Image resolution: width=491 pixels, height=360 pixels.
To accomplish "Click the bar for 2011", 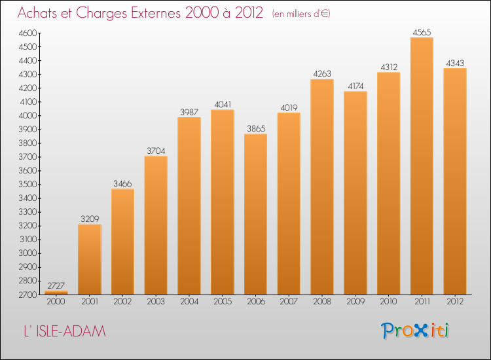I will pyautogui.click(x=422, y=166).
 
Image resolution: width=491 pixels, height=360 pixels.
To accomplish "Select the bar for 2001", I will pyautogui.click(x=90, y=259).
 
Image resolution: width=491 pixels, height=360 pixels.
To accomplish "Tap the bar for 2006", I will pyautogui.click(x=255, y=214).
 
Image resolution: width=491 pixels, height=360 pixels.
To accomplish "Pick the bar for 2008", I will pyautogui.click(x=322, y=187).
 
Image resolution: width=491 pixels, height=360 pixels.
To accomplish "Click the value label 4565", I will pyautogui.click(x=422, y=32).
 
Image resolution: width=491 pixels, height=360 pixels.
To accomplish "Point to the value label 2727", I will pyautogui.click(x=56, y=285).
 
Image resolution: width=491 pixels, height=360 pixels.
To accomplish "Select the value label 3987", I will pyautogui.click(x=189, y=112).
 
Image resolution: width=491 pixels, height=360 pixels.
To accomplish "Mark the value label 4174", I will pyautogui.click(x=355, y=86).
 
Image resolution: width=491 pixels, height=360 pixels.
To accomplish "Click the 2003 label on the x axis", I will pyautogui.click(x=156, y=301).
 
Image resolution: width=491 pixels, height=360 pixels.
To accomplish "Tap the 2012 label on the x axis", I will pyautogui.click(x=455, y=301).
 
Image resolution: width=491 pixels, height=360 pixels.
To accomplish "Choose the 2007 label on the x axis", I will pyautogui.click(x=289, y=301).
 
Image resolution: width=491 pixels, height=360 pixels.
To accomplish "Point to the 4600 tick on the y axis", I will pyautogui.click(x=27, y=33).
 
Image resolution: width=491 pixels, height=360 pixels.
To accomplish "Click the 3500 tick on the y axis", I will pyautogui.click(x=27, y=185).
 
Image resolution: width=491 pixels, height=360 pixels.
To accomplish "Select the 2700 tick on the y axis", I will pyautogui.click(x=27, y=295).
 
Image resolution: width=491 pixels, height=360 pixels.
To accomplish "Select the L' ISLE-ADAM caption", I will pyautogui.click(x=63, y=332).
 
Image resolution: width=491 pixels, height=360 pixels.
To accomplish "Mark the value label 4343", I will pyautogui.click(x=455, y=63).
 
